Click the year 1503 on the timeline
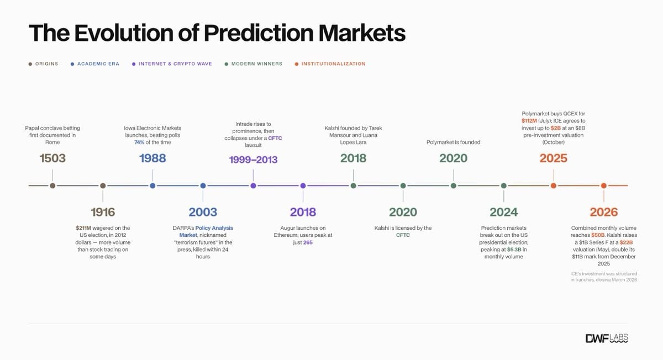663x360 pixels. pyautogui.click(x=52, y=158)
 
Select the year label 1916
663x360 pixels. pyautogui.click(x=103, y=212)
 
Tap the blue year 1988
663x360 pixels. pyautogui.click(x=152, y=158)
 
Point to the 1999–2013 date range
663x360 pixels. pyautogui.click(x=253, y=160)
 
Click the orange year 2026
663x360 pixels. pyautogui.click(x=604, y=212)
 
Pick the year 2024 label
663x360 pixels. pyautogui.click(x=504, y=212)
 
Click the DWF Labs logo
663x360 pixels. pyautogui.click(x=607, y=338)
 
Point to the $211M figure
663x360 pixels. pyautogui.click(x=83, y=228)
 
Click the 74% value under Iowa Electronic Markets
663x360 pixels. pyautogui.click(x=139, y=142)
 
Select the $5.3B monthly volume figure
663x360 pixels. pyautogui.click(x=514, y=250)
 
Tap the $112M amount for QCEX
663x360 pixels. pyautogui.click(x=529, y=121)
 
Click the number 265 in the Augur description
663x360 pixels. pyautogui.click(x=308, y=242)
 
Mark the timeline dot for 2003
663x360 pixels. pyautogui.click(x=203, y=186)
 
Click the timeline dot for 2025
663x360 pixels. pyautogui.click(x=554, y=186)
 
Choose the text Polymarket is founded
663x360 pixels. pyautogui.click(x=454, y=142)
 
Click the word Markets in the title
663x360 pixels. pyautogui.click(x=362, y=33)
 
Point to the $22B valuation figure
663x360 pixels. pyautogui.click(x=626, y=242)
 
